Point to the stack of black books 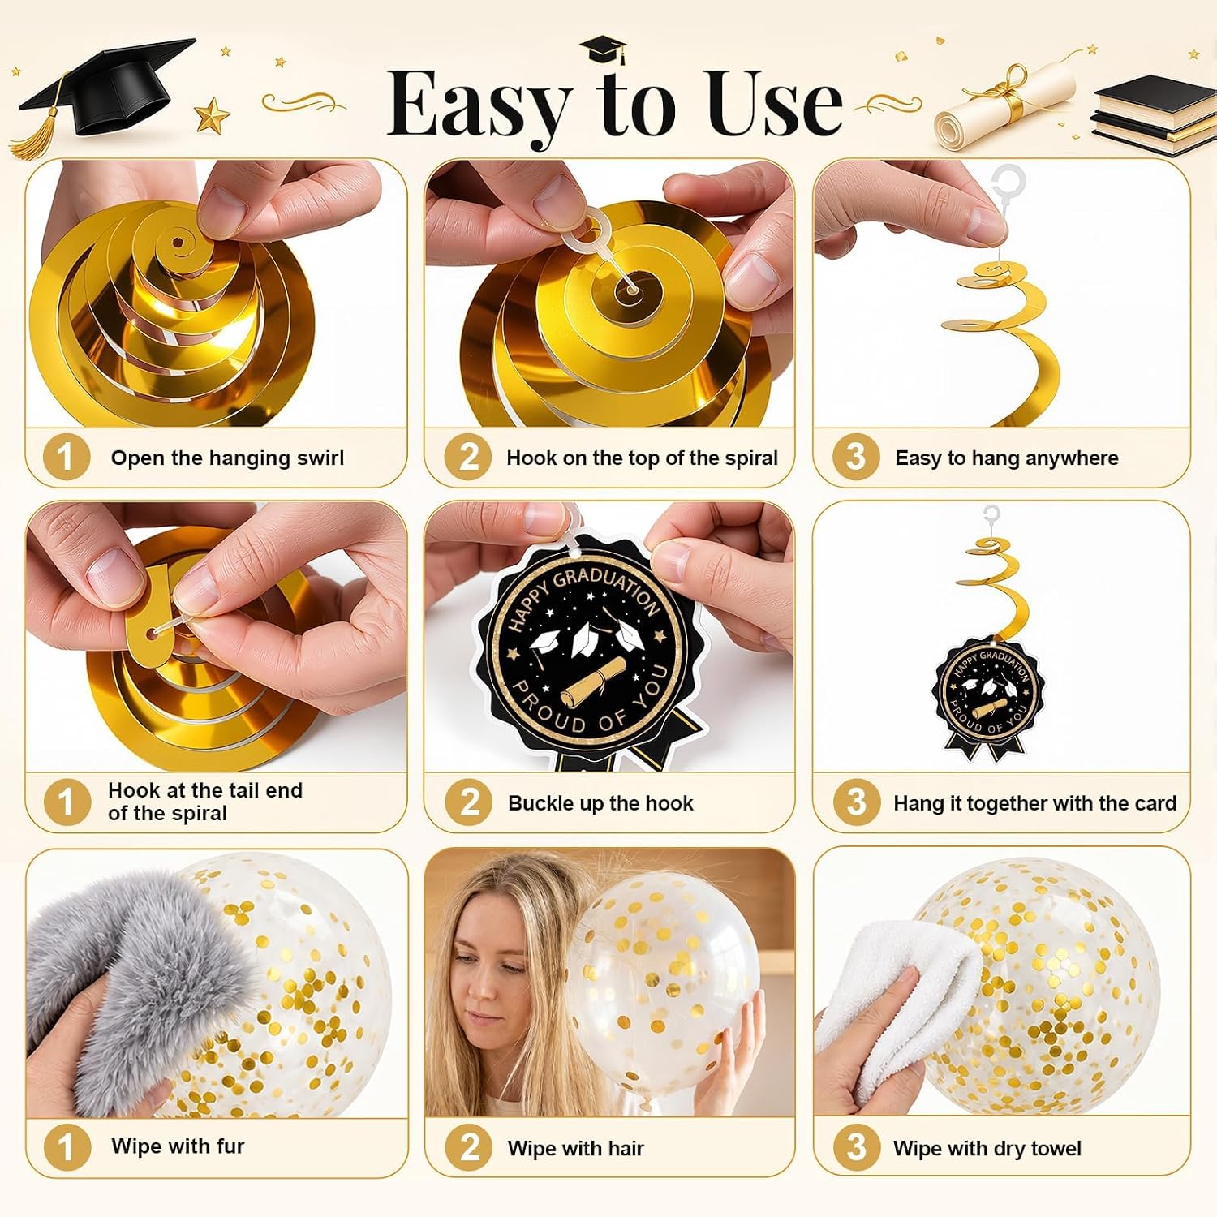1153,116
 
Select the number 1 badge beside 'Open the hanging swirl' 67,457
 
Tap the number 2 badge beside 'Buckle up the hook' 469,802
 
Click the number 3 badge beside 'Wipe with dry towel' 857,1147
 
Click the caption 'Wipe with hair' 576,1148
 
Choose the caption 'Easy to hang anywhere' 1007,458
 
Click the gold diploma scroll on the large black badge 593,681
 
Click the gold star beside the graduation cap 213,114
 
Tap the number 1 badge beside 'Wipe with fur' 67,1147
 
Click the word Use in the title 775,104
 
